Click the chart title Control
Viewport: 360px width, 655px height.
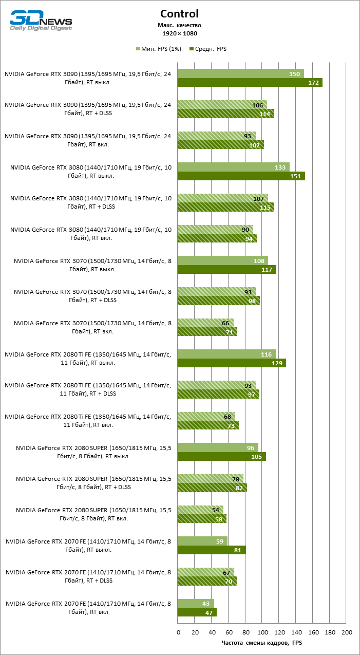coord(179,14)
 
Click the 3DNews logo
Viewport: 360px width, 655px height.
coord(41,22)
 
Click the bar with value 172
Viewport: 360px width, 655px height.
coord(250,83)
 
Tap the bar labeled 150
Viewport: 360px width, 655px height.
coord(240,73)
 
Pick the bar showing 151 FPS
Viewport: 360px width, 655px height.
coord(241,176)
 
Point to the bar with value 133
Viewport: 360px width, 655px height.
coord(233,167)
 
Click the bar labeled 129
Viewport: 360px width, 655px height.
coord(232,363)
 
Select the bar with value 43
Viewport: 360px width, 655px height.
coord(196,603)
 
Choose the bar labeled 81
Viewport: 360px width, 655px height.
coord(212,550)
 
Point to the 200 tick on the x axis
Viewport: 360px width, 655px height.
coord(347,632)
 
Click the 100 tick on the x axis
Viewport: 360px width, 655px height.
coord(262,632)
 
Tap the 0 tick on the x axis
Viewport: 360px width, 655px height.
coord(178,632)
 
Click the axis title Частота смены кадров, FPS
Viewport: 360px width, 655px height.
coord(262,643)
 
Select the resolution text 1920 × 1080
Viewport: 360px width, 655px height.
coord(179,33)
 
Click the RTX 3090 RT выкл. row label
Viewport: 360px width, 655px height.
coord(88,78)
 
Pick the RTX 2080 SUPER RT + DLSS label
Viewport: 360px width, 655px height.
coord(94,483)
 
